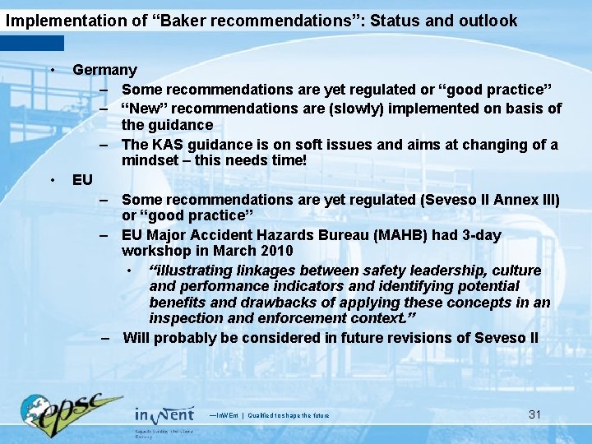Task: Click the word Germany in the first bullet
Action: click(104, 71)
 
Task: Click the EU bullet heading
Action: click(82, 179)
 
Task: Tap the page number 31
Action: click(534, 414)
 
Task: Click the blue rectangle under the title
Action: click(32, 43)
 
